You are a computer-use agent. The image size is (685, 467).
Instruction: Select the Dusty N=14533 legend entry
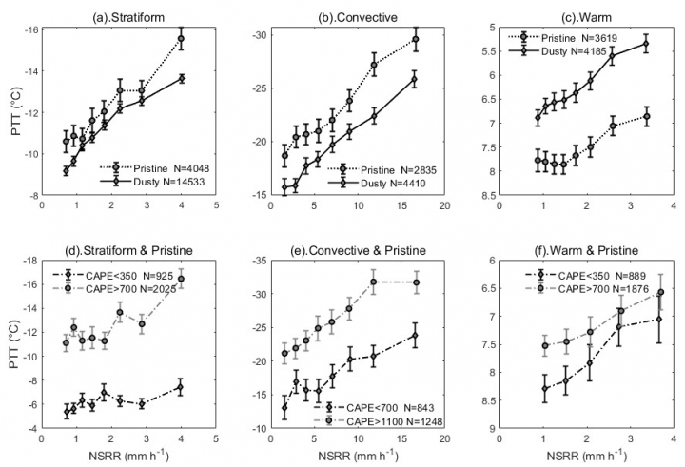(158, 179)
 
